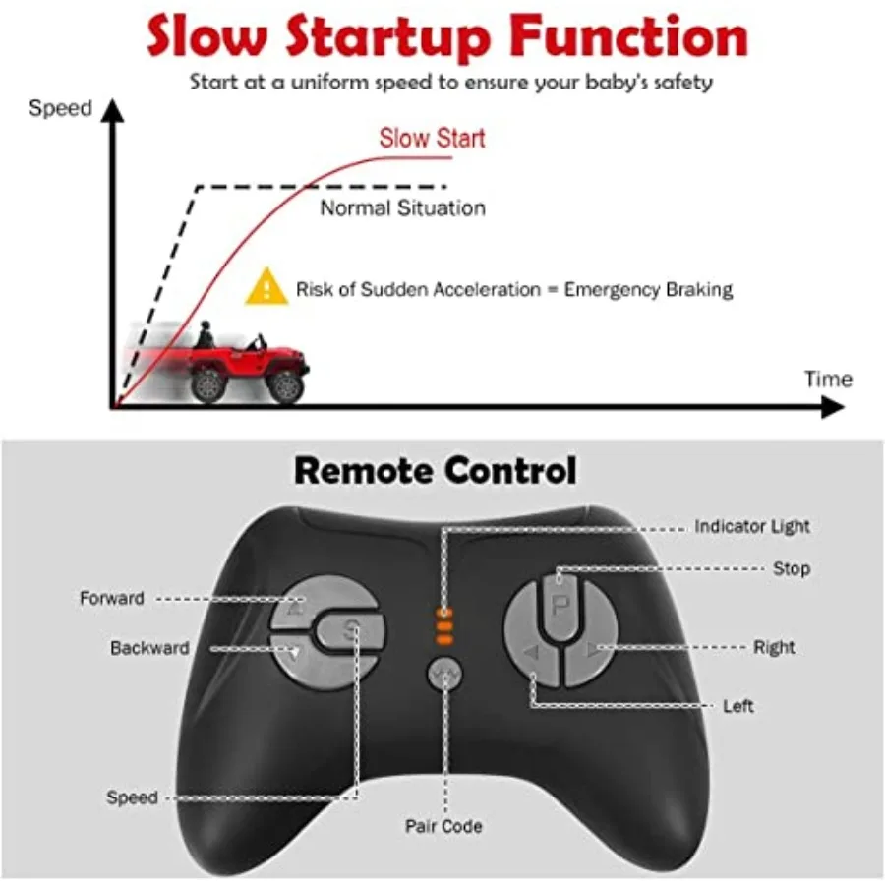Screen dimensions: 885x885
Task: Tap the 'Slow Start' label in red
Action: (432, 138)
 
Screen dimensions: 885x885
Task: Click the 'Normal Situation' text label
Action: (402, 208)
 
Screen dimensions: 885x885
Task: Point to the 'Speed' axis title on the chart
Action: (59, 108)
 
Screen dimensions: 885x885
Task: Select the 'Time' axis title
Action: (828, 379)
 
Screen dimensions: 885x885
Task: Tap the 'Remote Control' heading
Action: (435, 470)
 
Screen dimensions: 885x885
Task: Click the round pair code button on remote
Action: (445, 674)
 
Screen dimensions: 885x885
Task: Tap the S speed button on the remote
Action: (351, 634)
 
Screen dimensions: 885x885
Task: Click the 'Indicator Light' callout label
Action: (752, 527)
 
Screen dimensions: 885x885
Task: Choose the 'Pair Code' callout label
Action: (443, 827)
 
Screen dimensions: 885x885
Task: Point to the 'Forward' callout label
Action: (112, 598)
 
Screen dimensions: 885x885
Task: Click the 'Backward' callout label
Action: (149, 648)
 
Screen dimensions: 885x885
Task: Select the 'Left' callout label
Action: (738, 706)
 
